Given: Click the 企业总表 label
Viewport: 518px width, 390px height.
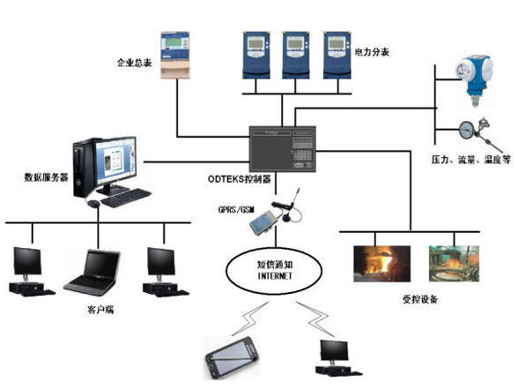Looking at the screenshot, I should [135, 64].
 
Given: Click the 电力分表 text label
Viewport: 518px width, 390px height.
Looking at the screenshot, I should [371, 54].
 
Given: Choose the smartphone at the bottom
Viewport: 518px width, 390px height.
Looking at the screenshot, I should [232, 358].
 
